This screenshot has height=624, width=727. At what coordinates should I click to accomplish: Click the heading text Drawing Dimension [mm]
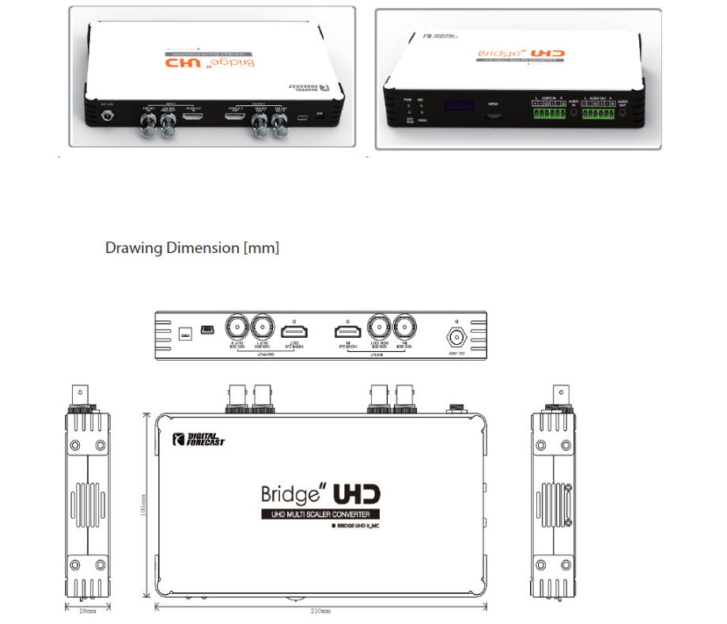[x=192, y=248]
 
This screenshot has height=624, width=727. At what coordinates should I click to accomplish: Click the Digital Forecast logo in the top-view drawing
[x=199, y=439]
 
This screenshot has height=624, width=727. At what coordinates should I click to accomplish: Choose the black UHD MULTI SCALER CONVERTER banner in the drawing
[x=321, y=515]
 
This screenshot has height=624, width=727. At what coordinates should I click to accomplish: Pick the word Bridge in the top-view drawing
[x=290, y=495]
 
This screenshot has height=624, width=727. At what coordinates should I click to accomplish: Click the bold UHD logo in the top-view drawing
[x=357, y=494]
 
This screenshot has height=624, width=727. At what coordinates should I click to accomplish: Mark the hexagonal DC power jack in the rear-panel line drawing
[x=456, y=336]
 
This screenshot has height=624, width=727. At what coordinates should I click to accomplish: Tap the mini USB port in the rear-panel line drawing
[x=207, y=328]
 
